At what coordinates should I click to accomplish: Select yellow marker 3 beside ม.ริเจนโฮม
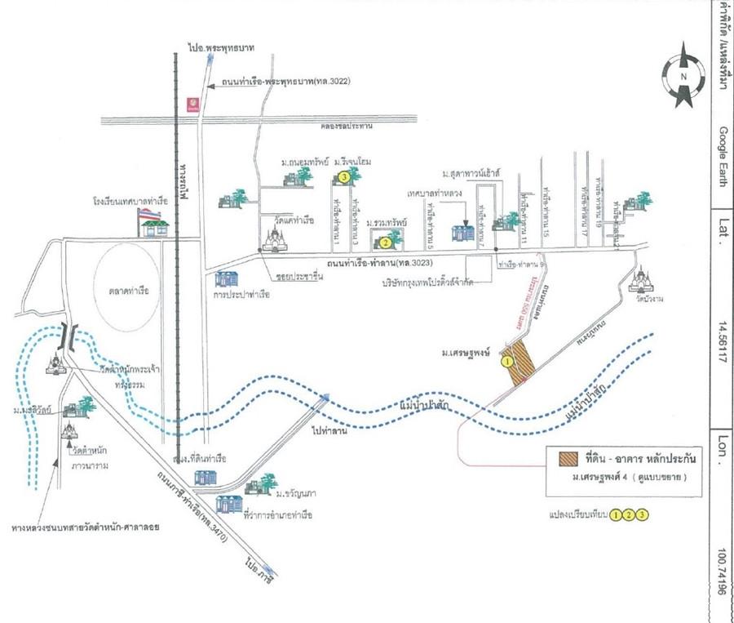click(x=345, y=176)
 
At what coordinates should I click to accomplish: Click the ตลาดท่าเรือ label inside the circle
click(x=135, y=289)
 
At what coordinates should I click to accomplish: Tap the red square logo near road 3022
click(x=192, y=102)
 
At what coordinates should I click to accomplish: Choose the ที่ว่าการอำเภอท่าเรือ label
click(x=278, y=515)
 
